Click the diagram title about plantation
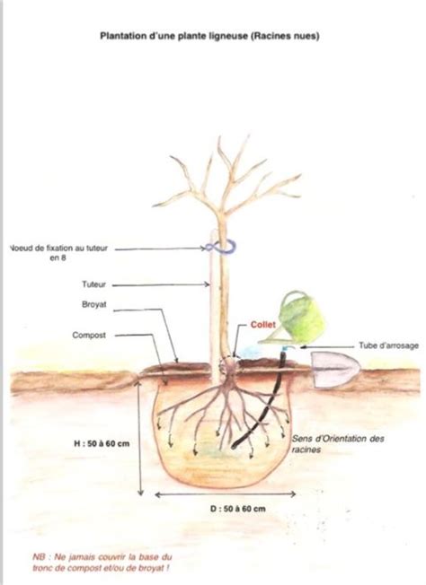coord(209,36)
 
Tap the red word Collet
coord(263,325)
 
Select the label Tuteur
coord(93,284)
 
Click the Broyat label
coord(94,304)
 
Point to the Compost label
coord(89,335)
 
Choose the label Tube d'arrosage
coord(388,345)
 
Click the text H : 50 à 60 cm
coord(102,443)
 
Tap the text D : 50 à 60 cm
coord(237,509)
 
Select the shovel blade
coord(334,370)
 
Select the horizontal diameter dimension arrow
coord(226,494)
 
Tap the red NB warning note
coord(102,563)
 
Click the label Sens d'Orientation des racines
coord(338,444)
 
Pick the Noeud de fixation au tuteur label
coord(58,253)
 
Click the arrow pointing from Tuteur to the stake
coord(161,285)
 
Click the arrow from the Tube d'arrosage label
coord(328,346)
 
